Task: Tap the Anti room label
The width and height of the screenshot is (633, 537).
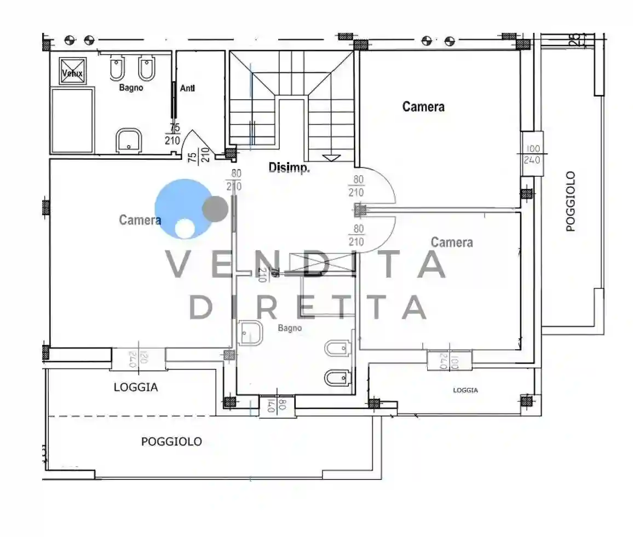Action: (188, 88)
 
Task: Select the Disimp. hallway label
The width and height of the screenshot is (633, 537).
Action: (289, 168)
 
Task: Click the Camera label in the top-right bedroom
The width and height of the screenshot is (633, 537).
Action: (423, 106)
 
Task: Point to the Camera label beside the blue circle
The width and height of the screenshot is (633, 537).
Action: (140, 220)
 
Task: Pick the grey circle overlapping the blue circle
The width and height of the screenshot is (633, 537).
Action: (215, 209)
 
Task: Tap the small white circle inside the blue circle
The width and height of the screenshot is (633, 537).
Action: (185, 228)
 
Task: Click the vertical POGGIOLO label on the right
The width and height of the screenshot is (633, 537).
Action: (571, 201)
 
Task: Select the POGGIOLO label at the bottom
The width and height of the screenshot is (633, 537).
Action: (171, 441)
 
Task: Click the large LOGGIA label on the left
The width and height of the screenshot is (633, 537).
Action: (136, 387)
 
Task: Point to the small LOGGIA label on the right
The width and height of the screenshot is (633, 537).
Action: (465, 390)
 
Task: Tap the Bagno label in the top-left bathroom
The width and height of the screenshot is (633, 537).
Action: (131, 88)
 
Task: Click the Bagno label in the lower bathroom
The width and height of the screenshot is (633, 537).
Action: (290, 328)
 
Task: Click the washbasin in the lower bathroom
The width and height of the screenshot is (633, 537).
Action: (251, 333)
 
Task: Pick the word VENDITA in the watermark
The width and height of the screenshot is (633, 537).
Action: (306, 265)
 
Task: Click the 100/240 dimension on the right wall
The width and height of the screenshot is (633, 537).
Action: (532, 154)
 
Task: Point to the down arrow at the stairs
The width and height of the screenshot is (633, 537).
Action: (331, 158)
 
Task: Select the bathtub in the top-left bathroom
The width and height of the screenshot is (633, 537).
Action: (72, 120)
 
